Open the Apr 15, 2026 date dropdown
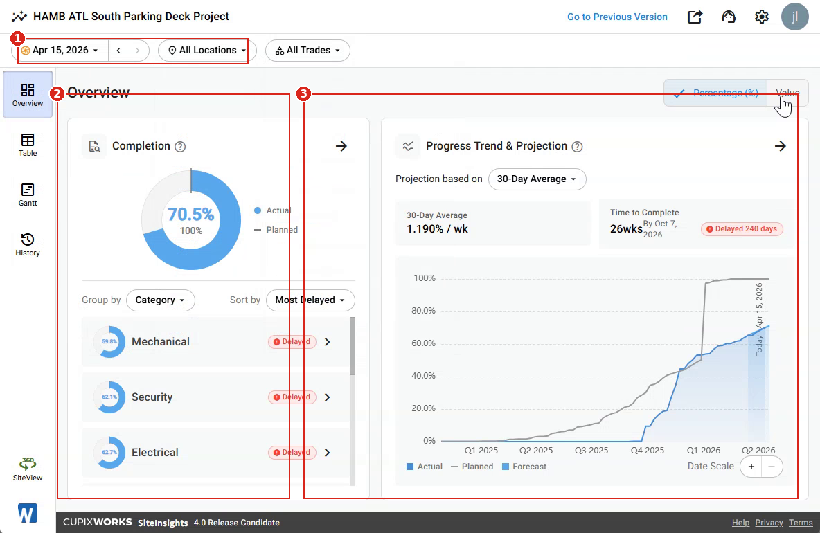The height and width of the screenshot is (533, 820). coord(60,50)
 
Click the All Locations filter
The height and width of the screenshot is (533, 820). coord(207,50)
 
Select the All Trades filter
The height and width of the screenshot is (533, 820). coord(307,50)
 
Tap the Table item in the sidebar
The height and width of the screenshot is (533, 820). coord(28,145)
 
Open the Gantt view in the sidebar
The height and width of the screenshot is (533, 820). coord(28,195)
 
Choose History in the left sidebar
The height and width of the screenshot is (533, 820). coord(28,244)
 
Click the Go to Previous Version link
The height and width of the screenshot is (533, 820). coord(617,17)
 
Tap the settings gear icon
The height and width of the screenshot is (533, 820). coord(761,17)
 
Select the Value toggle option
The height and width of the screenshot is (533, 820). coord(787,93)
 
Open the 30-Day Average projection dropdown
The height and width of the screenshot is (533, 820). coord(537,179)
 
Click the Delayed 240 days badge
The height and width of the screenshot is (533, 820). coord(742,229)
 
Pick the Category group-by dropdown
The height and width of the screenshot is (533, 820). coord(161,300)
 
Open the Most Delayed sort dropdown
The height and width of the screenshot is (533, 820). coord(310,300)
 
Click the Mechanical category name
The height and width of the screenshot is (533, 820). coord(161,342)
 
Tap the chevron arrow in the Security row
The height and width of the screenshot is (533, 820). coord(328,397)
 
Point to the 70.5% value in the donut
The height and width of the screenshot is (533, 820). coord(191,215)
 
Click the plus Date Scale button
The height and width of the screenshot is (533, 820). coord(751,467)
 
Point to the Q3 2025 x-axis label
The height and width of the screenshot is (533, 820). coord(591,451)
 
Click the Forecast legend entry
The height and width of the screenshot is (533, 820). coord(524,467)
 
